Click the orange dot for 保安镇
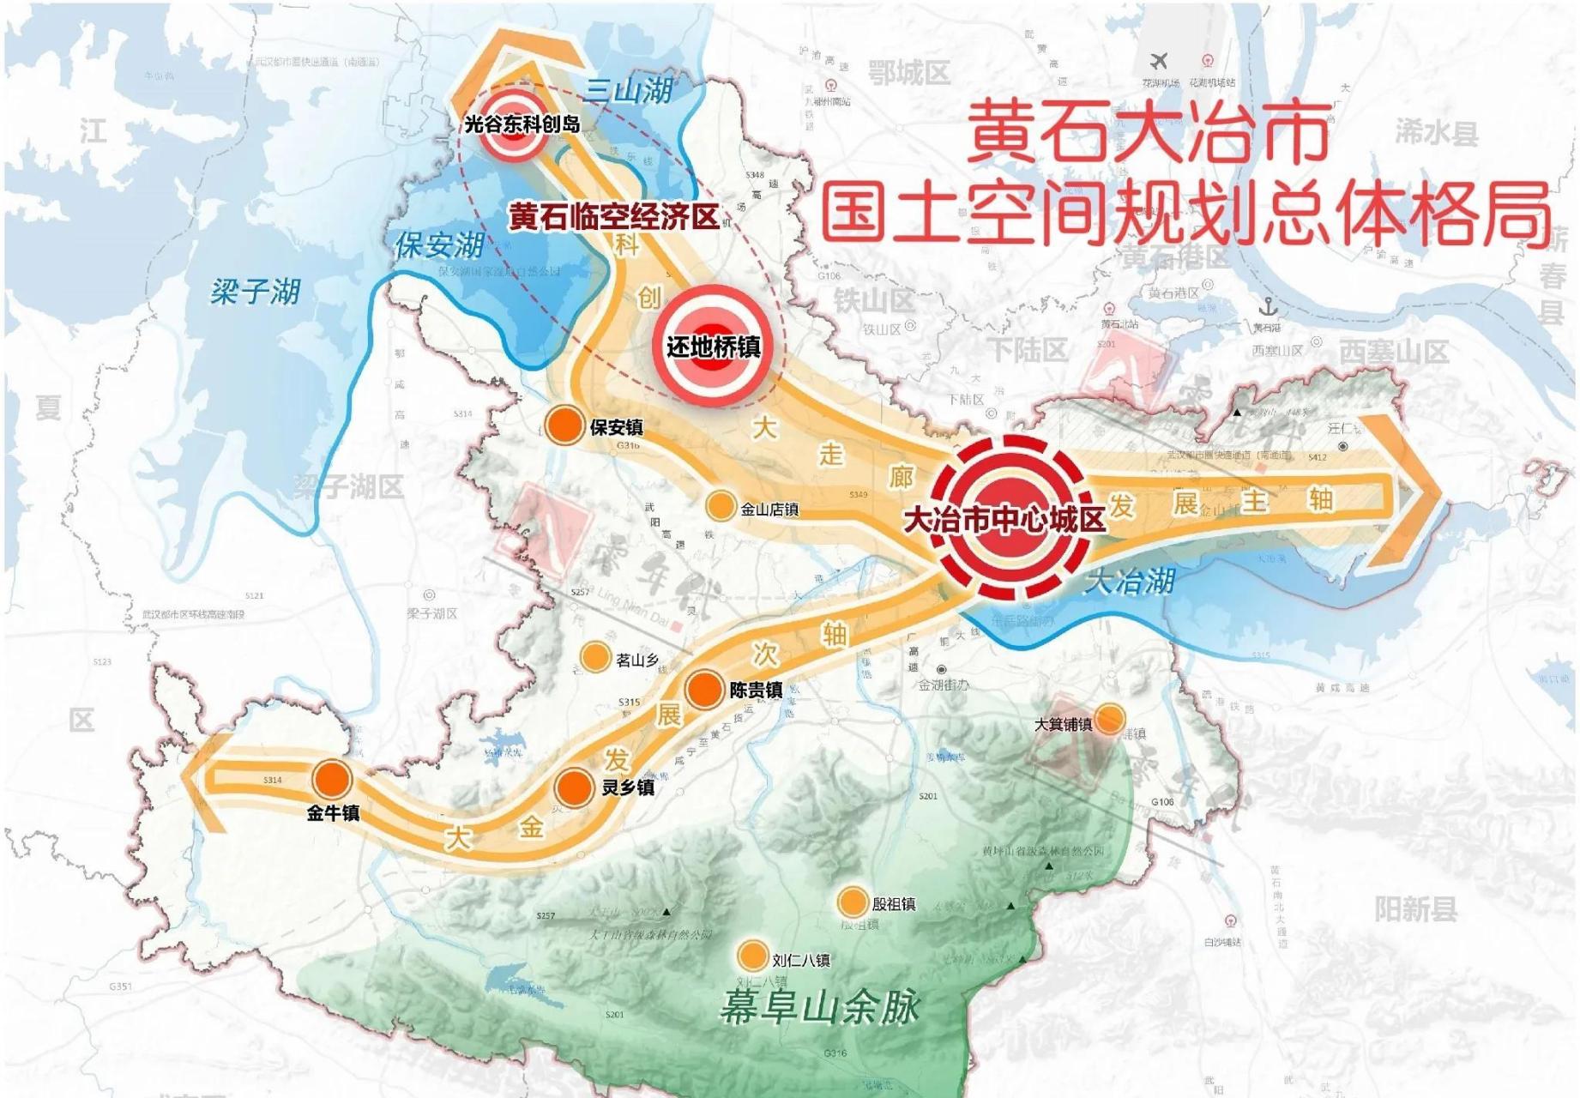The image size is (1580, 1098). [564, 425]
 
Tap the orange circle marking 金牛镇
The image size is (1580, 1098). [332, 780]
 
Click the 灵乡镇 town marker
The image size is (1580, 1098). [574, 786]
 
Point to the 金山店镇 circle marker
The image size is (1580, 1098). [721, 506]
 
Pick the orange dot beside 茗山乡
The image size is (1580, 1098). [594, 657]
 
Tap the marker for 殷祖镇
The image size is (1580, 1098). [852, 902]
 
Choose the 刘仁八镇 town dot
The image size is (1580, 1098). [752, 956]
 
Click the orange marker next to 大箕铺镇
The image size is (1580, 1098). [1110, 719]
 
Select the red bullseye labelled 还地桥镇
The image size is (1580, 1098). [712, 346]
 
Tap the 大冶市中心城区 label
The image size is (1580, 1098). [1005, 518]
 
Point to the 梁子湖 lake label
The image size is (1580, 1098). [256, 292]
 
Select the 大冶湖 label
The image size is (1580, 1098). [1128, 582]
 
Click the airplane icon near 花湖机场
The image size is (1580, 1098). [1159, 62]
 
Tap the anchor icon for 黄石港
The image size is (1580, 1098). [1268, 307]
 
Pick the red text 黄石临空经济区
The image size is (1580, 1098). [613, 216]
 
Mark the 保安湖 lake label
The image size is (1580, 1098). [439, 245]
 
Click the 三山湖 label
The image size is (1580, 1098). [628, 90]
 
